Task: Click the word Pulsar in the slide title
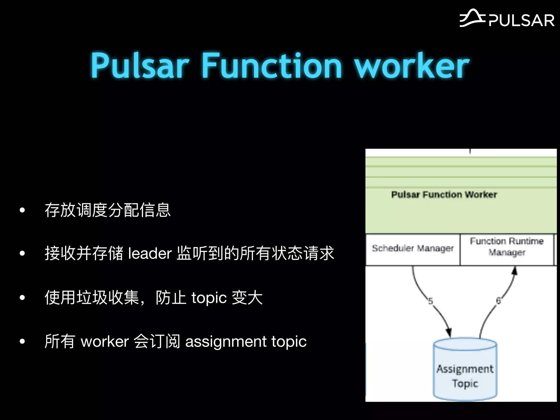coord(140,66)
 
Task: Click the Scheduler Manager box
coord(413,249)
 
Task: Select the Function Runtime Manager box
coord(507,247)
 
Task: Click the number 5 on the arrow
coord(430,301)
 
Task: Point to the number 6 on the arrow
coord(498,301)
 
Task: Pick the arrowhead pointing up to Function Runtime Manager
coord(515,271)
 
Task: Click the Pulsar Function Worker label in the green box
coord(444,195)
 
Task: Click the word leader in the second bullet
coord(150,253)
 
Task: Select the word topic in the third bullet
coord(209,297)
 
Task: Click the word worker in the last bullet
coord(105,342)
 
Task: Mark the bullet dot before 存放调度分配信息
coord(22,210)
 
